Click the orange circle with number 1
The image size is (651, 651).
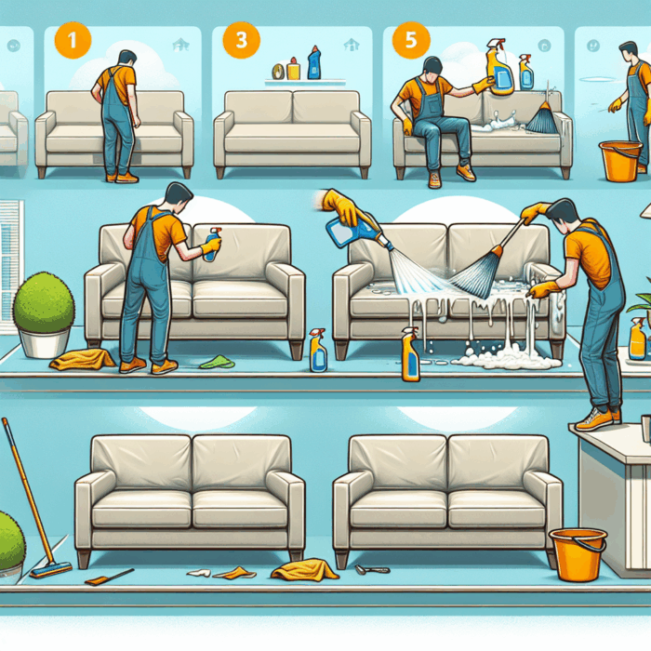click(73, 40)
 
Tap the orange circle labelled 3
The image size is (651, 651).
click(241, 40)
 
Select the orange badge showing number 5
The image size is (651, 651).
click(411, 40)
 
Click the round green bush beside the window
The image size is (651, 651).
click(44, 302)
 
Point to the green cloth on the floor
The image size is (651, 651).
click(217, 362)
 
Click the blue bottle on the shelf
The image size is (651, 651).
click(314, 62)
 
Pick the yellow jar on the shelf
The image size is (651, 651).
click(293, 69)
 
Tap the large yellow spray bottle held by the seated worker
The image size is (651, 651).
click(500, 68)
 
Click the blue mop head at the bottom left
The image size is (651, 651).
click(50, 569)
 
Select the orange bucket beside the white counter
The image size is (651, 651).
click(578, 554)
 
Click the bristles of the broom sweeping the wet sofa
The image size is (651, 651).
click(474, 275)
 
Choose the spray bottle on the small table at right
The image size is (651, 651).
click(637, 339)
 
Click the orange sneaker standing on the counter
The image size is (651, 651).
click(593, 419)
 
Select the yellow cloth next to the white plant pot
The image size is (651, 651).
click(82, 359)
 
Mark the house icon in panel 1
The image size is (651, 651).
click(181, 45)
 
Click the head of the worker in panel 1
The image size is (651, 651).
click(126, 60)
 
